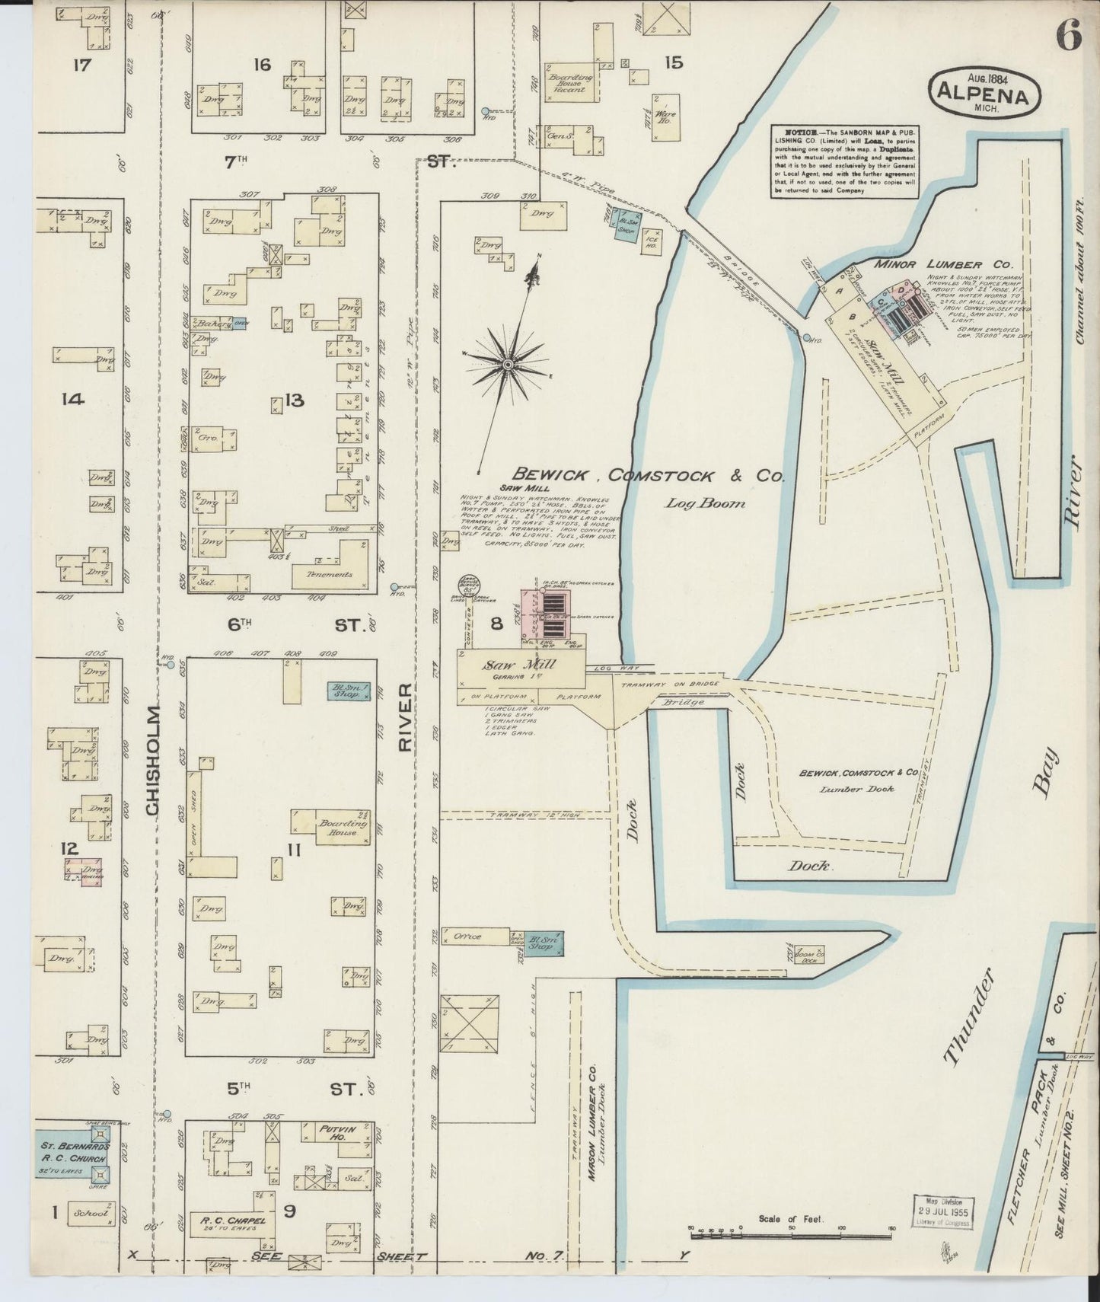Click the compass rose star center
click(x=507, y=365)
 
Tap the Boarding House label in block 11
click(x=338, y=828)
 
